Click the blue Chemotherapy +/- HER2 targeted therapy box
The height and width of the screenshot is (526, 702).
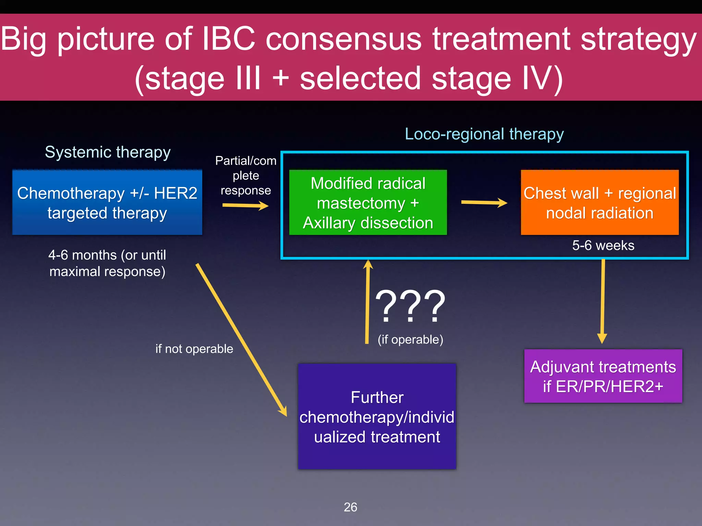pos(107,202)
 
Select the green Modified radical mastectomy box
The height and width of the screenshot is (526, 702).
pos(368,202)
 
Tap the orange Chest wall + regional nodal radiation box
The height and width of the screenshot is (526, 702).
pos(600,202)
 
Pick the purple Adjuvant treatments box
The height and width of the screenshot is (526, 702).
pos(603,376)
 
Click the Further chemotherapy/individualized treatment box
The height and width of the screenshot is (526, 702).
pos(377,416)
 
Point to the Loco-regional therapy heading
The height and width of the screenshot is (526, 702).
pos(484,134)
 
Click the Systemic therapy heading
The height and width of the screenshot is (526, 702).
pos(108,152)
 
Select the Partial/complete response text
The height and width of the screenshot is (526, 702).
pos(246,175)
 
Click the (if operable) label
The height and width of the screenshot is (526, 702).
pos(410,339)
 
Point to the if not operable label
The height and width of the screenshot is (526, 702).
pos(194,349)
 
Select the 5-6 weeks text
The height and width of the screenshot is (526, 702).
pos(603,246)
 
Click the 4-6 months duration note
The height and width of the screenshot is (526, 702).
pos(107,263)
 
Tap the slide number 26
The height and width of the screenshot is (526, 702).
pos(350,507)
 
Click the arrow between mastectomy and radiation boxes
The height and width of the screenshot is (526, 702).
pos(484,203)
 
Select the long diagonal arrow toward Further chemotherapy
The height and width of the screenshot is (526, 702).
pos(241,339)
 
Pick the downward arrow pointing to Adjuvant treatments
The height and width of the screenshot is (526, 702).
pos(603,301)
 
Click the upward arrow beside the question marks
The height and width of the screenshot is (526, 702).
pos(367,301)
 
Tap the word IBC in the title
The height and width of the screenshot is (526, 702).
pos(229,38)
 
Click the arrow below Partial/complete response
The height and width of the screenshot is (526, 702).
pos(245,205)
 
